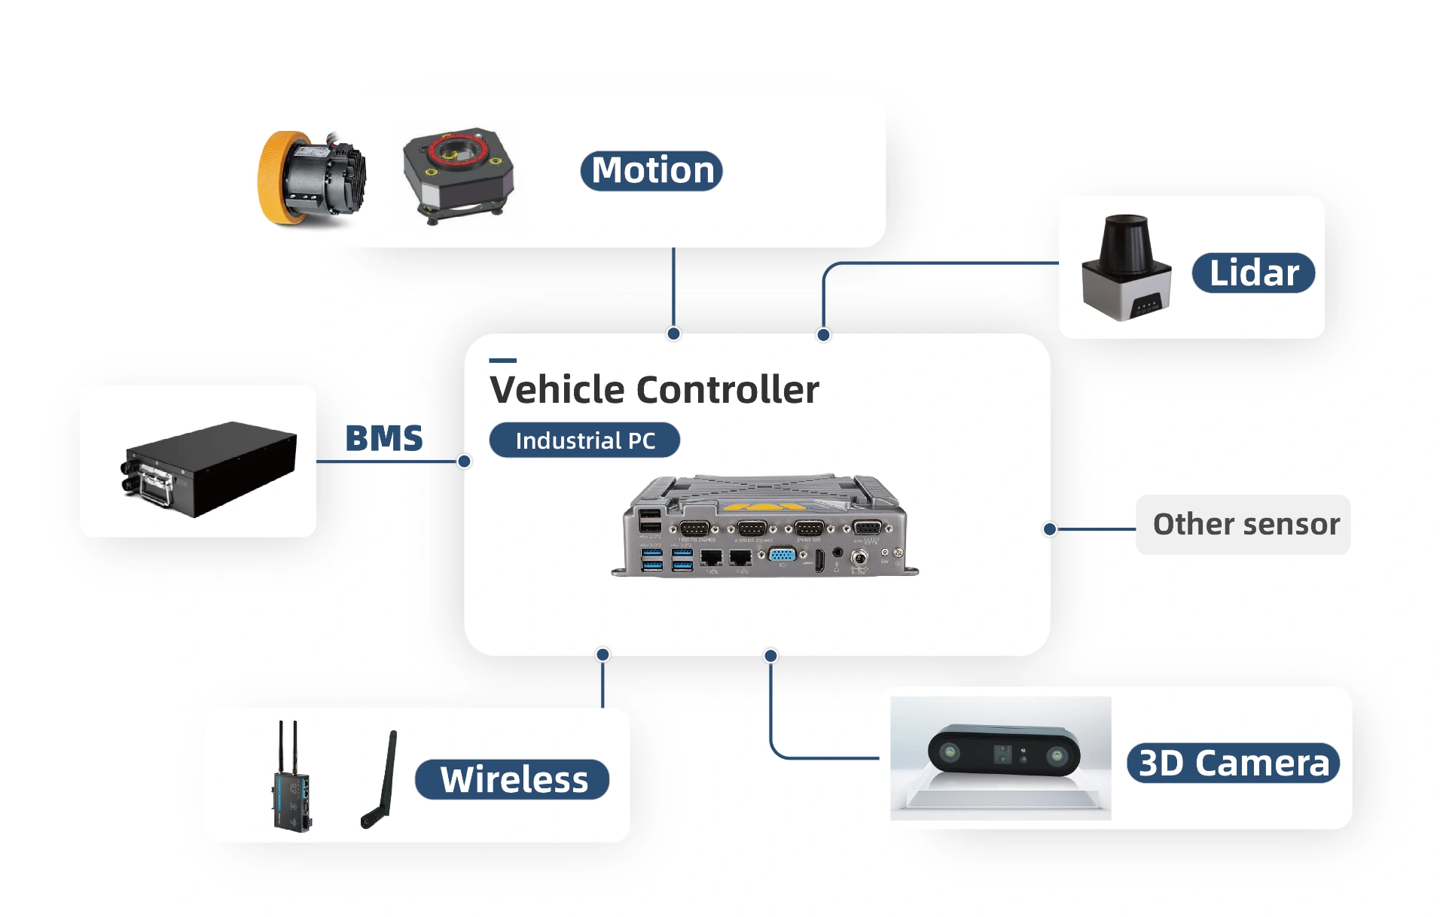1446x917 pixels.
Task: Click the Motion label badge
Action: point(651,171)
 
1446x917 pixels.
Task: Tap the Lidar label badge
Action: point(1253,273)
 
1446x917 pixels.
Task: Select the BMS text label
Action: point(384,438)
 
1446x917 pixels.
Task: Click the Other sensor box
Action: point(1243,525)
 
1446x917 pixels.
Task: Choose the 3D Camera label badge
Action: point(1233,763)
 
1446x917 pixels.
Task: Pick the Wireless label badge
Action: point(512,779)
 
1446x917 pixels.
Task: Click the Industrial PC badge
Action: point(584,440)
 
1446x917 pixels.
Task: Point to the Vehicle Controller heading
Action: point(654,390)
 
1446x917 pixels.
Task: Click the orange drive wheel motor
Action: point(311,178)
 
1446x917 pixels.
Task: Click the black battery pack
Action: point(209,468)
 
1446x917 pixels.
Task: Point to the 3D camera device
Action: point(1004,752)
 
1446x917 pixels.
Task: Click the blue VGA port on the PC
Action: point(782,556)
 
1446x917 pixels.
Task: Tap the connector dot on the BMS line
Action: point(465,462)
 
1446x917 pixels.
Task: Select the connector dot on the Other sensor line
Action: point(1050,529)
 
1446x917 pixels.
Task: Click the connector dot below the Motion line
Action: point(673,334)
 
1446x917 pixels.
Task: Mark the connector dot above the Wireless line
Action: point(602,654)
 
